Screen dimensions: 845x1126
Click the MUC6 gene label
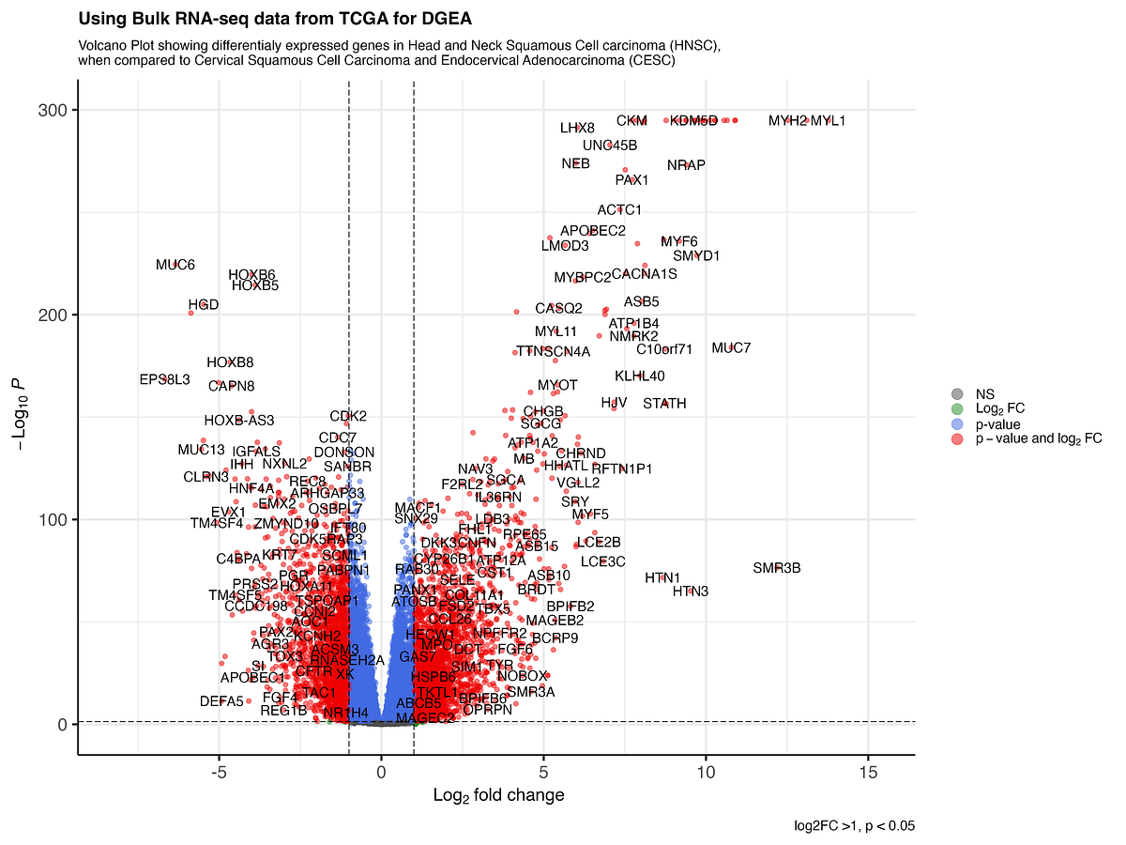pyautogui.click(x=175, y=265)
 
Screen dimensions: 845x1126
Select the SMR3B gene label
pyautogui.click(x=777, y=568)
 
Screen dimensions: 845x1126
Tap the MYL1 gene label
pyautogui.click(x=828, y=121)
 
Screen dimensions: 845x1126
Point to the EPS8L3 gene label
pyautogui.click(x=164, y=380)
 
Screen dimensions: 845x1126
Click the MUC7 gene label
pyautogui.click(x=731, y=348)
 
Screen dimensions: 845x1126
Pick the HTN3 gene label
pyautogui.click(x=691, y=591)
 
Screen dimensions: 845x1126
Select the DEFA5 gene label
pyautogui.click(x=221, y=701)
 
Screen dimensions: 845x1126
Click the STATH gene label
pyautogui.click(x=664, y=404)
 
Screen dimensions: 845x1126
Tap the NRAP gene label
pyautogui.click(x=686, y=165)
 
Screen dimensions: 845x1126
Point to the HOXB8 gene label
pyautogui.click(x=230, y=362)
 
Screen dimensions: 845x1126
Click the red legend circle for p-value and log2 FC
pyautogui.click(x=956, y=438)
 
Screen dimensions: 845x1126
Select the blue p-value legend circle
pyautogui.click(x=956, y=424)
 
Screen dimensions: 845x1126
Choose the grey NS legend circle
pyautogui.click(x=956, y=394)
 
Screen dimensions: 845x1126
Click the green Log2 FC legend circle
pyautogui.click(x=956, y=409)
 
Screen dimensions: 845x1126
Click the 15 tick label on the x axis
pyautogui.click(x=868, y=773)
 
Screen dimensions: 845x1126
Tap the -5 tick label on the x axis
pyautogui.click(x=219, y=773)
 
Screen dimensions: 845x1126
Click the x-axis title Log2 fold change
pyautogui.click(x=498, y=796)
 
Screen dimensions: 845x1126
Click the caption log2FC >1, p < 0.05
pyautogui.click(x=854, y=826)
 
